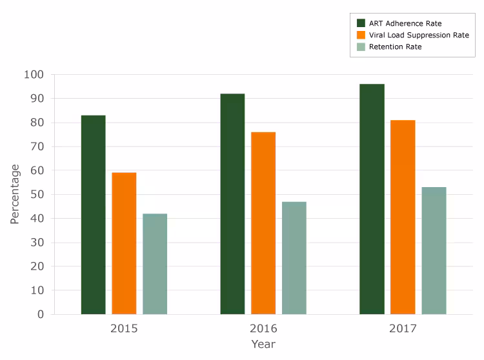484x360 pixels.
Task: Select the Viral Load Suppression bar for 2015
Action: click(124, 243)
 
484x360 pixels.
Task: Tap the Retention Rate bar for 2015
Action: click(155, 264)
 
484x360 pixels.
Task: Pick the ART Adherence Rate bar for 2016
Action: click(232, 204)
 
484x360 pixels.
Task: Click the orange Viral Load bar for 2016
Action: click(263, 223)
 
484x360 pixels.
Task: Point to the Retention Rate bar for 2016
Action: click(294, 258)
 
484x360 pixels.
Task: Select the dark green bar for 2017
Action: click(372, 199)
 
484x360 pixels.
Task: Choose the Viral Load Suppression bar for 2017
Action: click(403, 217)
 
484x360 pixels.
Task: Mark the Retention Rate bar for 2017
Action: click(434, 251)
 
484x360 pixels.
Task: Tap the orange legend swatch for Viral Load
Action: click(361, 35)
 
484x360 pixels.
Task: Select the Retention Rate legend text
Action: click(395, 47)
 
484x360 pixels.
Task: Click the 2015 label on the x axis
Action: click(124, 329)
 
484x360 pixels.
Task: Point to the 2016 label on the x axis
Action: click(263, 329)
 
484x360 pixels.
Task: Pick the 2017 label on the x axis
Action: click(403, 329)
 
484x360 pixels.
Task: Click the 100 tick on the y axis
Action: click(34, 75)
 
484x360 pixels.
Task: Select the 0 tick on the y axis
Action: click(40, 314)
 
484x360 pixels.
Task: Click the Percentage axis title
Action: click(15, 194)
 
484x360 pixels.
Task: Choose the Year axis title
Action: click(263, 345)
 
